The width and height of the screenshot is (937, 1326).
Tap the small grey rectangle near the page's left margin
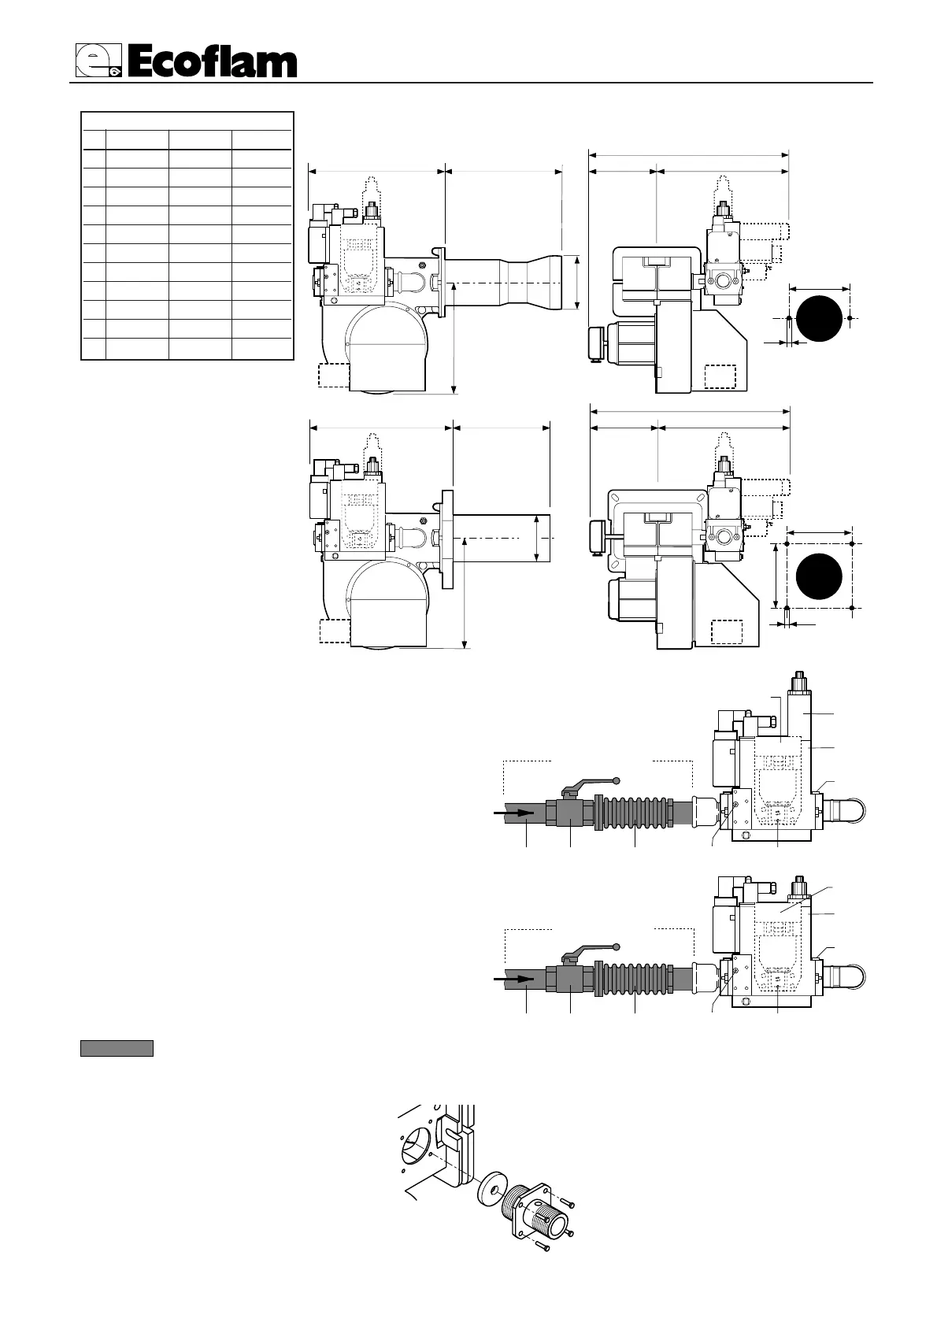[117, 1048]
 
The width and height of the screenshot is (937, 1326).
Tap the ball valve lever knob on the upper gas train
[617, 780]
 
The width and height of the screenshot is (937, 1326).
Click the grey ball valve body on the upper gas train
[568, 811]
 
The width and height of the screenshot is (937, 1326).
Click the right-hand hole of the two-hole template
[850, 318]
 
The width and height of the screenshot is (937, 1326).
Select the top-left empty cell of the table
[94, 139]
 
